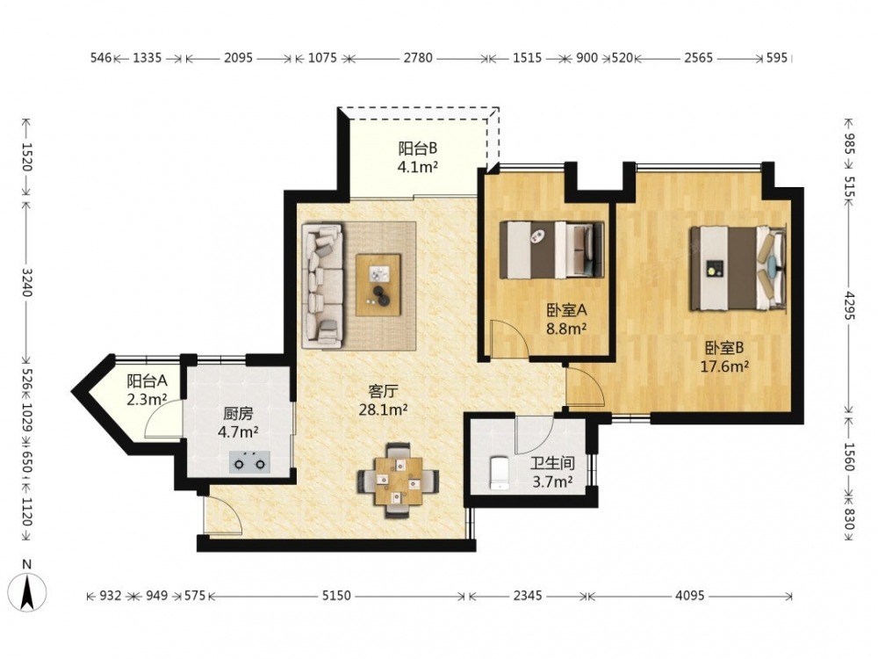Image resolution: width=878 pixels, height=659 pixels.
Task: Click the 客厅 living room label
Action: tap(383, 391)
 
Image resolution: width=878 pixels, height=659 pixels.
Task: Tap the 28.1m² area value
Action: tap(383, 409)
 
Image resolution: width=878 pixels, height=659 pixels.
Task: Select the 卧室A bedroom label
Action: tap(566, 310)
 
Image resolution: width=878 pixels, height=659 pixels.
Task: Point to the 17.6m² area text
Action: tap(724, 366)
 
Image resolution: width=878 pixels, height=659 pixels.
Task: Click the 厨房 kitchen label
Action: tap(238, 414)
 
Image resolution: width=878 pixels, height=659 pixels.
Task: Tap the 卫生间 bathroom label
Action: tap(552, 463)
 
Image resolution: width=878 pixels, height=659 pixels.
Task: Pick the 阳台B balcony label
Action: tap(417, 148)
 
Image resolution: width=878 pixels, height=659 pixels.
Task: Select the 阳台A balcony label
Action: tap(147, 381)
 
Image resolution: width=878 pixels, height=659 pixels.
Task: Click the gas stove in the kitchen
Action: tap(249, 462)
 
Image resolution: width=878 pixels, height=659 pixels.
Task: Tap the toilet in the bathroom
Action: tap(499, 474)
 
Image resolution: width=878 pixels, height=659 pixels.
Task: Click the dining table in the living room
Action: tap(398, 481)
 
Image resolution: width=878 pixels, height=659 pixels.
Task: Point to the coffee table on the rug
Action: tap(378, 285)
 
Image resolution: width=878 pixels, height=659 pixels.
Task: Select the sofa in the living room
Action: tap(322, 286)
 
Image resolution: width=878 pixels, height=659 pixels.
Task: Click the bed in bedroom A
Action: tap(551, 250)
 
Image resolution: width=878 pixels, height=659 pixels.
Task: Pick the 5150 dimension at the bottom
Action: tap(336, 596)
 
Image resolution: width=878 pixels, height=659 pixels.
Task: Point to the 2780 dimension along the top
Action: tap(418, 57)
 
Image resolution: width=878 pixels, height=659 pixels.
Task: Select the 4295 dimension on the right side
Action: tap(850, 306)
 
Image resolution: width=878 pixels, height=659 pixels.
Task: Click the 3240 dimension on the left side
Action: tap(26, 282)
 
